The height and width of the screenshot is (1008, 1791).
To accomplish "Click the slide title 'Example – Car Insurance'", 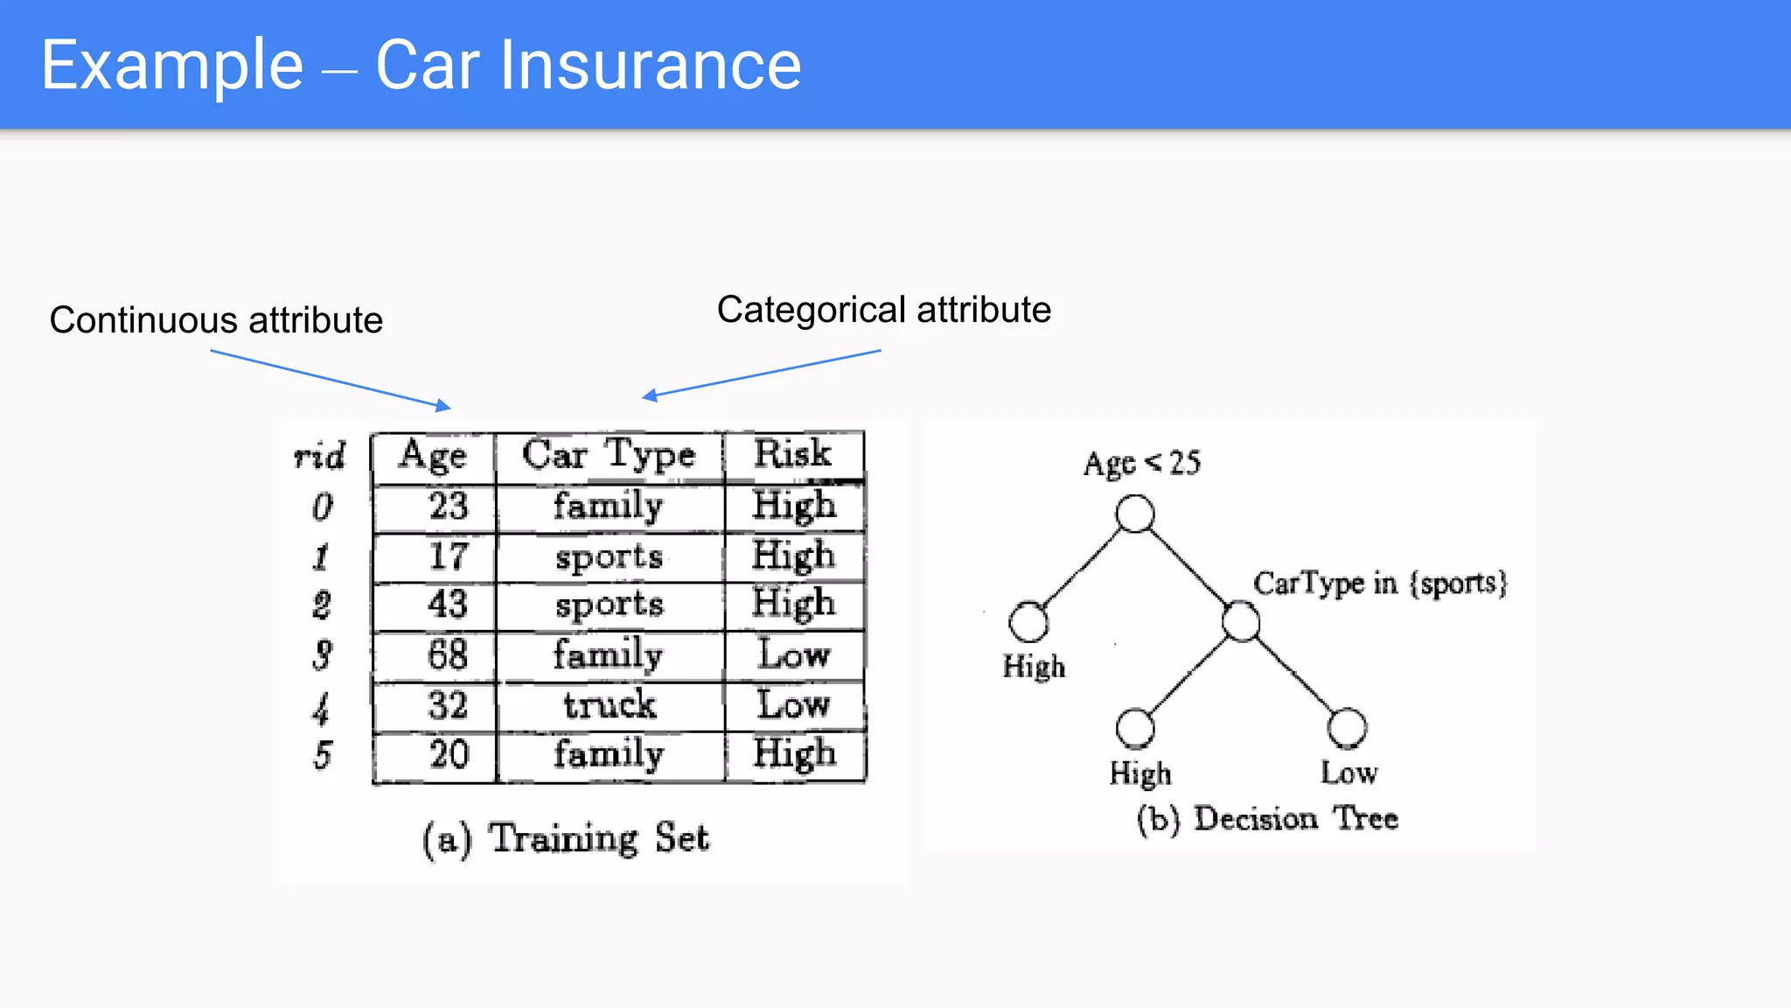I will pos(421,65).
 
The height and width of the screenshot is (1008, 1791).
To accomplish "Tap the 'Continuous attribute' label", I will pos(216,320).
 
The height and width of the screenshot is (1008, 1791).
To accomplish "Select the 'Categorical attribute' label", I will pos(883,310).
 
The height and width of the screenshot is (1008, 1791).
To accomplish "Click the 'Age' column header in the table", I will pos(433,455).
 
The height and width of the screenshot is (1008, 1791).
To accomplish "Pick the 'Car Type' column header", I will pos(609,455).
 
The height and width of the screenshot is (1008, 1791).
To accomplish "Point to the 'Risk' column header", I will pos(793,453).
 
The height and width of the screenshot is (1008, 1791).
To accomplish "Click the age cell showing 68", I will pos(448,654).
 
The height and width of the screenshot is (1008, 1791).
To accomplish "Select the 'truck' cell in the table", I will pos(610,704).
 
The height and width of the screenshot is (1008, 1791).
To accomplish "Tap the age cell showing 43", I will pos(448,605).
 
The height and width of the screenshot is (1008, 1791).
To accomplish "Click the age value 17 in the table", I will pos(448,556).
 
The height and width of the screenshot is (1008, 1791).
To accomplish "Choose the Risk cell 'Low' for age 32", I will pos(793,704).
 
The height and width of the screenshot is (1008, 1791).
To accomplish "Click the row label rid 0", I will pos(323,507).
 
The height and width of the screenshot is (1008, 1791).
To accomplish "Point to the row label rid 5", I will pos(323,754).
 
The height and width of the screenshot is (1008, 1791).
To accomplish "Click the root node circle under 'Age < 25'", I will pos(1135,514).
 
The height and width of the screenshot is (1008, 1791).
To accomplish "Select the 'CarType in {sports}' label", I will pos(1380,583).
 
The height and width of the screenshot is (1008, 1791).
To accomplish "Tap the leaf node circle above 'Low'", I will pos(1347,727).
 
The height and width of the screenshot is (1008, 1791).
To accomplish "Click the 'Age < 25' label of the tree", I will pos(1142,463).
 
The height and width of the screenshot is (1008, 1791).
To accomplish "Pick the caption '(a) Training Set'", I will pos(566,838).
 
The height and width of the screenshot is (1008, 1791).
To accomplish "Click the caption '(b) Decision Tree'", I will pos(1267,819).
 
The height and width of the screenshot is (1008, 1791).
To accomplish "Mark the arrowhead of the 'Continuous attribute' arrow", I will pos(445,406).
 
